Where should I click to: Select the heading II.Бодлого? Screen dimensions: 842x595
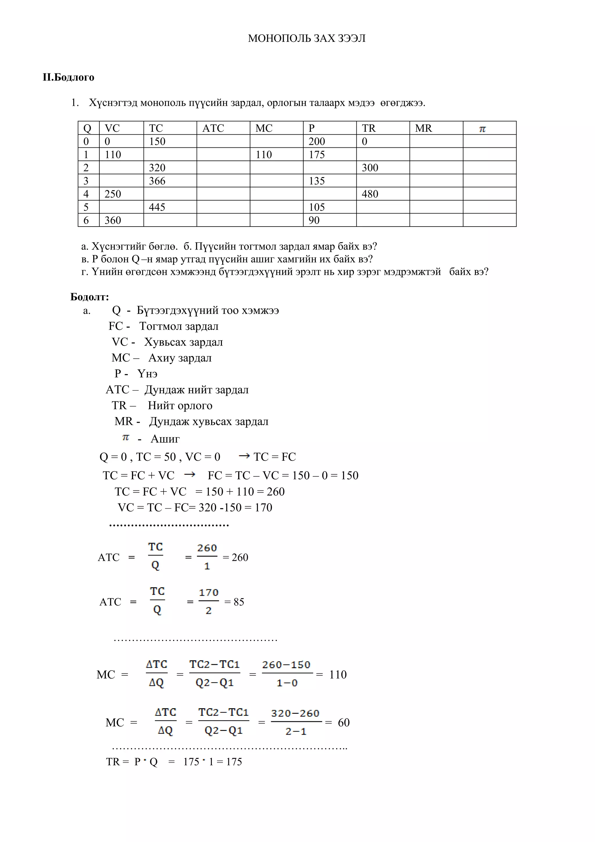click(69, 77)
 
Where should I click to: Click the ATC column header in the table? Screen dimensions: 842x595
click(213, 128)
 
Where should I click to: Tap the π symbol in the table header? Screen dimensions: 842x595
click(482, 129)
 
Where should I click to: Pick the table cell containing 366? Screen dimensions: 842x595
click(157, 181)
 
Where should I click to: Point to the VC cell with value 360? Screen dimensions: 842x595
click(112, 220)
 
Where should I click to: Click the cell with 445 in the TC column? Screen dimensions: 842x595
click(157, 207)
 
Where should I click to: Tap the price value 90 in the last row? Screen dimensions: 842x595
click(314, 220)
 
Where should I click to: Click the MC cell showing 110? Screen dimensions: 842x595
click(264, 155)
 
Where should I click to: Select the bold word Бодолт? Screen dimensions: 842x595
click(89, 297)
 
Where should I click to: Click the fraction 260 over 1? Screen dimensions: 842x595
click(207, 557)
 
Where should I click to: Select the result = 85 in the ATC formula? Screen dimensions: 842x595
click(234, 602)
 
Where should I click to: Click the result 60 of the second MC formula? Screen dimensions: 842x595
click(343, 722)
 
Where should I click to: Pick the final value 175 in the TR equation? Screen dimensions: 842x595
click(234, 762)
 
